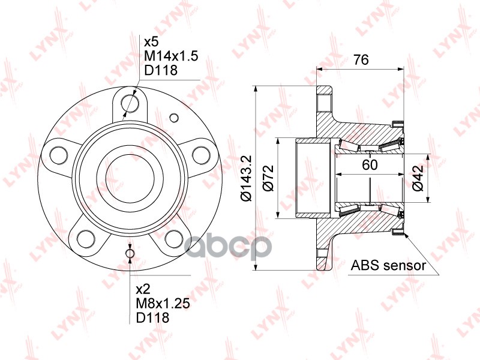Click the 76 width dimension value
(361, 59)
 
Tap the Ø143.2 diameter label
(246, 178)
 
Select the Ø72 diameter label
(268, 178)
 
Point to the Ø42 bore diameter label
(418, 178)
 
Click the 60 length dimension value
(370, 165)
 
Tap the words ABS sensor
(388, 265)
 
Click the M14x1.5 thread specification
(171, 56)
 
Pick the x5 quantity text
(151, 41)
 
